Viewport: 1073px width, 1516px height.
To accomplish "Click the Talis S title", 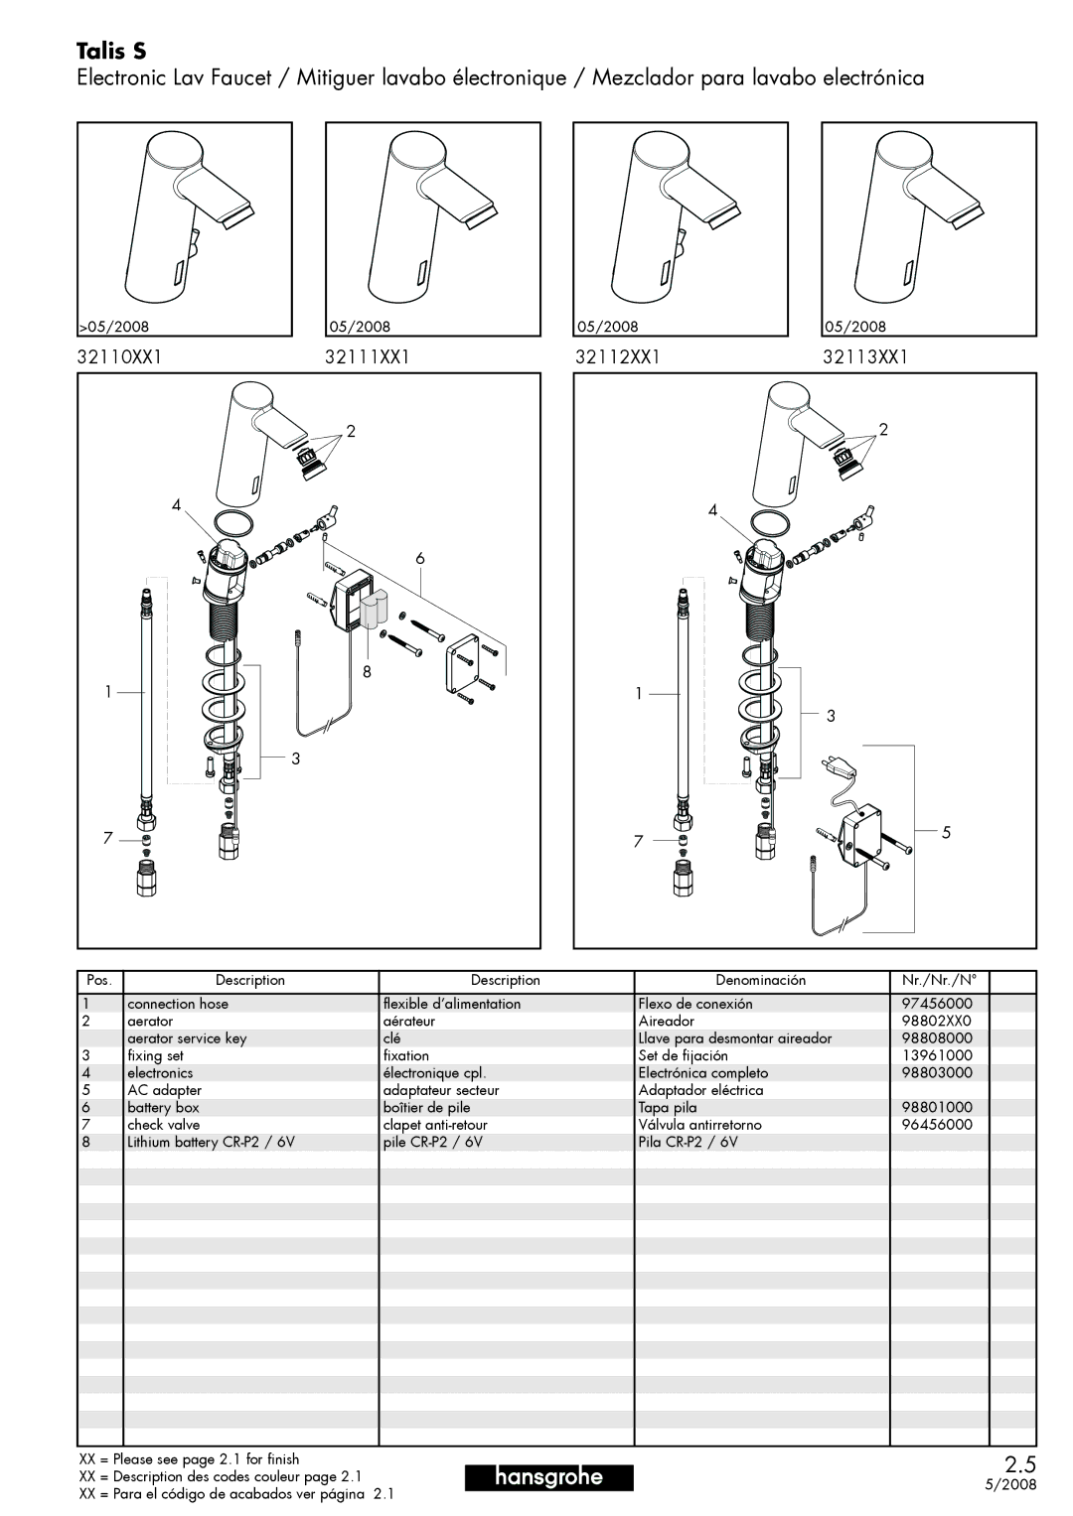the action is click(111, 52).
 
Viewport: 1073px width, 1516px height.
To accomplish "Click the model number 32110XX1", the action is click(119, 356).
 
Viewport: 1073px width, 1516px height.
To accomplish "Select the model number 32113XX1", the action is click(865, 356).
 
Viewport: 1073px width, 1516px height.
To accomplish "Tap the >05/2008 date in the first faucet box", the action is click(114, 327).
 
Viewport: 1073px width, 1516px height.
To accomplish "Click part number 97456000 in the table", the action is click(937, 1003).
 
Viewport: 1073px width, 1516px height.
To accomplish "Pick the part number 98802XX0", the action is click(937, 1021).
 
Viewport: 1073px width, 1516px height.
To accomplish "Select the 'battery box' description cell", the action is click(163, 1107).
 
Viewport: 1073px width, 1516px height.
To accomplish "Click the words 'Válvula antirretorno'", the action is click(699, 1125).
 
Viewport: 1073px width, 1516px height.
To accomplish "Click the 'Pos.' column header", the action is click(99, 980).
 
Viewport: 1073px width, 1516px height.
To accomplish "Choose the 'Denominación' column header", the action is click(761, 980).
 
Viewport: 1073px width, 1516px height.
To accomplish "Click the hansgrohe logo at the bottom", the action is click(548, 1476).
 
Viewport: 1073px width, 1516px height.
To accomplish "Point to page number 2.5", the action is click(1020, 1464).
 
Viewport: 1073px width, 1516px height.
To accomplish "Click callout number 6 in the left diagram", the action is click(420, 558).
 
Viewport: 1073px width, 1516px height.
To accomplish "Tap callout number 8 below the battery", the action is click(367, 671).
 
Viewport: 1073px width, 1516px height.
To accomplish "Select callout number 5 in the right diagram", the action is click(946, 832).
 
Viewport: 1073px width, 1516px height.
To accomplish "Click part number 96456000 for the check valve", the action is click(937, 1124).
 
